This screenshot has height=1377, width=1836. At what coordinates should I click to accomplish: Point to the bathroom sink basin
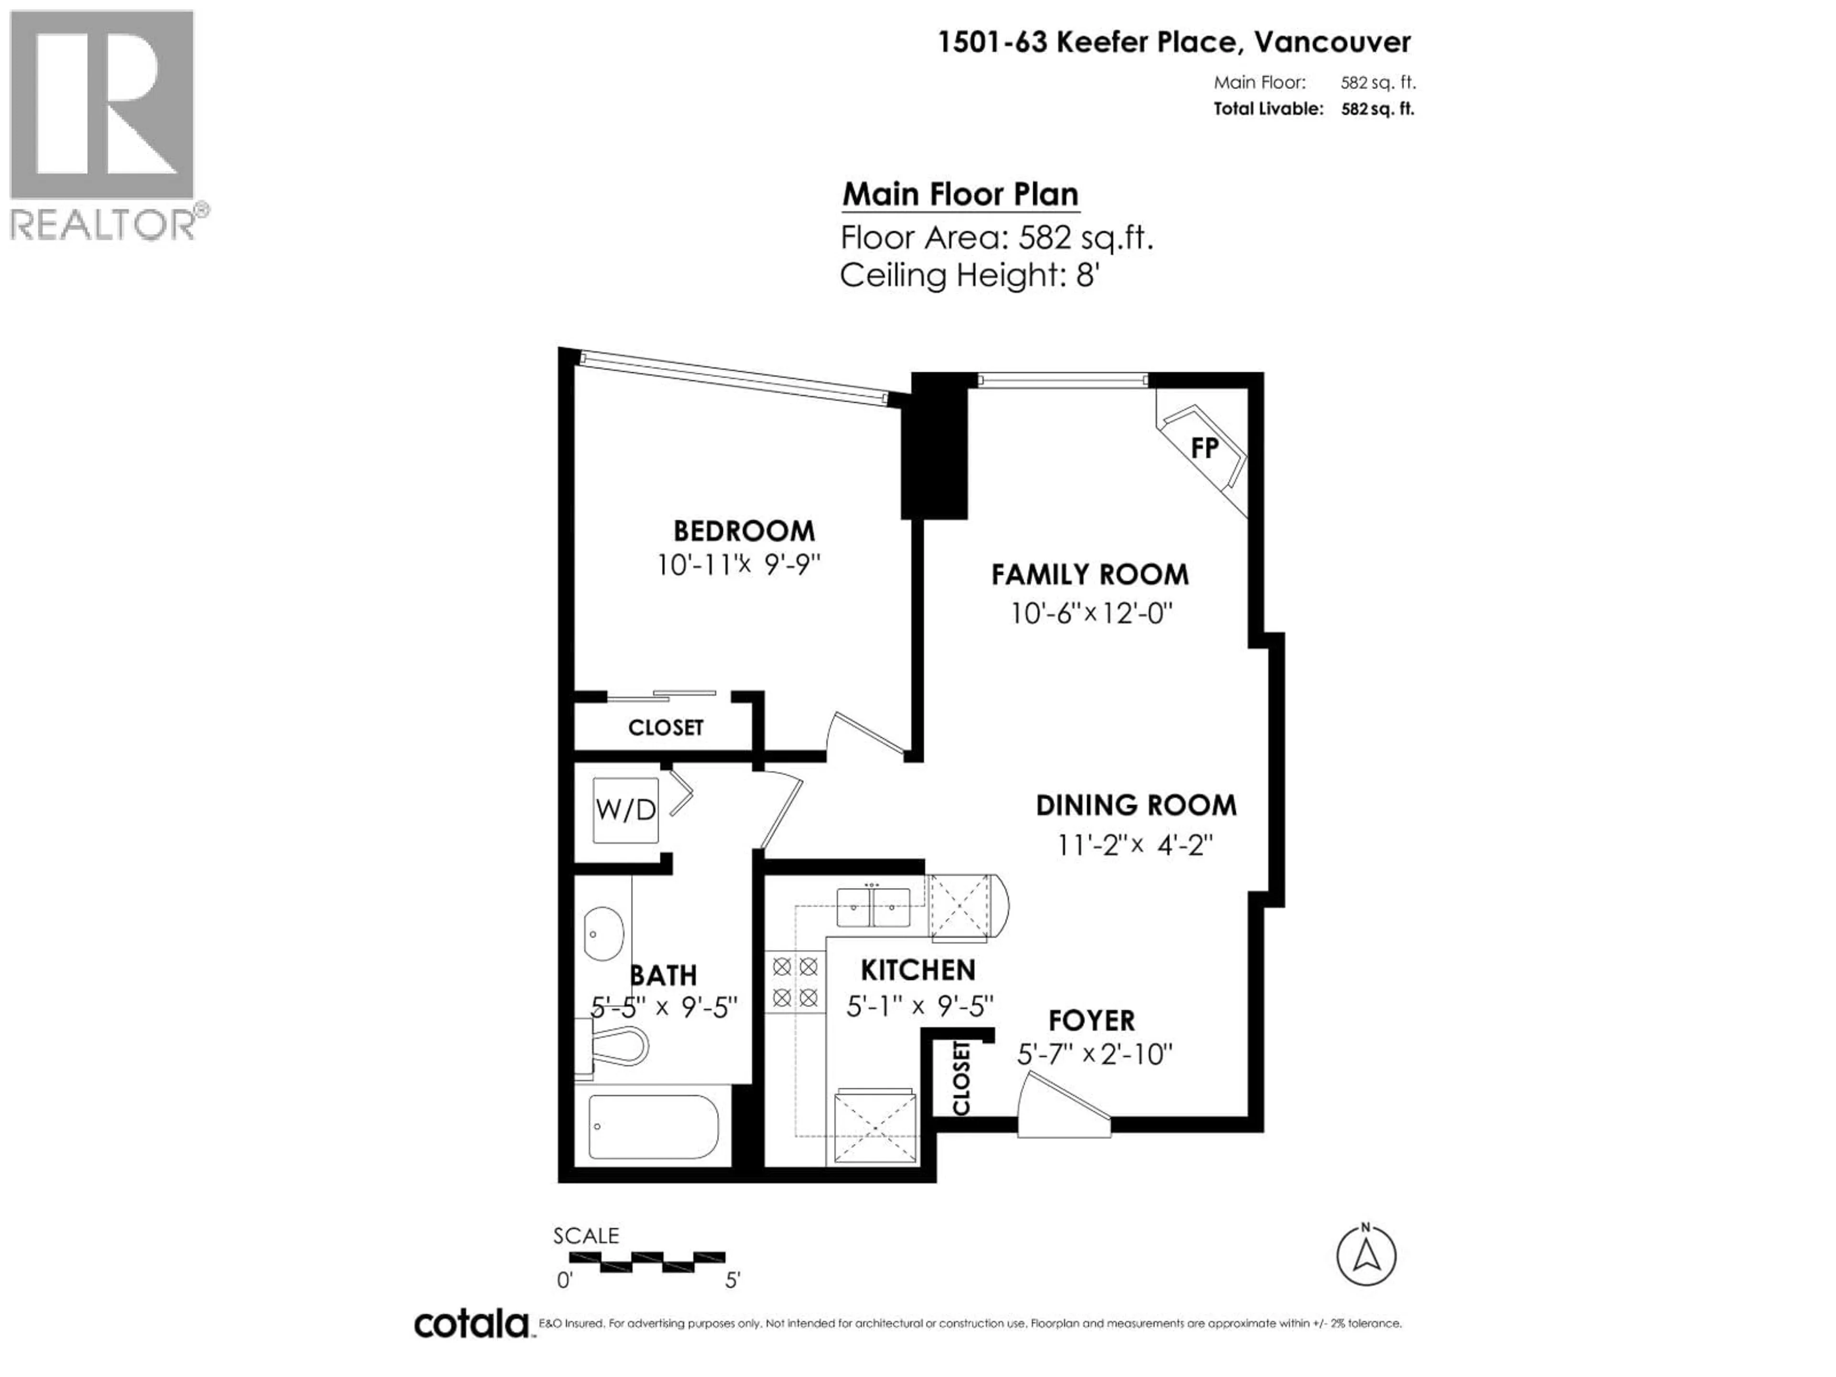[603, 934]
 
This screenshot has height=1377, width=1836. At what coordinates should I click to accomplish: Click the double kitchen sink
[873, 907]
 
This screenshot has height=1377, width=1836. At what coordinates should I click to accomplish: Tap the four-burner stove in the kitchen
[795, 982]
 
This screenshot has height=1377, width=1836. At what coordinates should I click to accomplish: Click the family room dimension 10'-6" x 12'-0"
[1091, 614]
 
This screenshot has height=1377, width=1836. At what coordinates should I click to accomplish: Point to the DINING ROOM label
[1136, 805]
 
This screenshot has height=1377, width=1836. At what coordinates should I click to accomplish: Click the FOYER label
[1091, 1021]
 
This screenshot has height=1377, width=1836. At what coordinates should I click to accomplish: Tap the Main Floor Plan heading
[961, 194]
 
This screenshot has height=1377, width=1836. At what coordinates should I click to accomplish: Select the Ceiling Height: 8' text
[970, 275]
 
